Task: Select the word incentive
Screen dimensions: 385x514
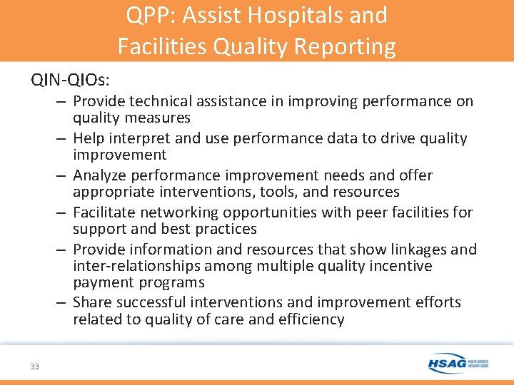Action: (402, 266)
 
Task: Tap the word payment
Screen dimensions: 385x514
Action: (102, 282)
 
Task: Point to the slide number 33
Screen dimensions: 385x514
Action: (34, 366)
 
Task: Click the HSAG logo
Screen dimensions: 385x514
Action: (458, 364)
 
